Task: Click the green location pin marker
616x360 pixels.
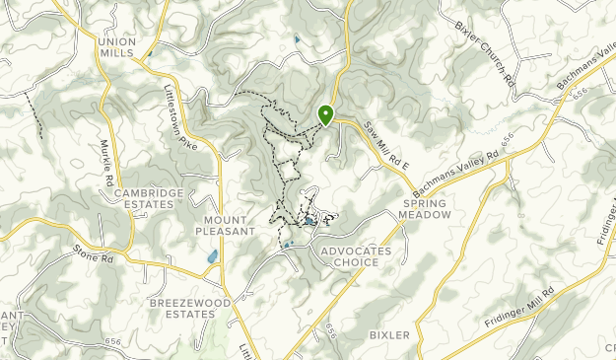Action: (325, 115)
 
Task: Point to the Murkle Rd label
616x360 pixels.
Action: (103, 169)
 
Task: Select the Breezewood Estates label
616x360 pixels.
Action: (181, 308)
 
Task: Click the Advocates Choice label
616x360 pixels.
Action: (357, 256)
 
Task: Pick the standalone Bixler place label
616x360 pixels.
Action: (388, 335)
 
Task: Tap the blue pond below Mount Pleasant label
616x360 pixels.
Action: (211, 257)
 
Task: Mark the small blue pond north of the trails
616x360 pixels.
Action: (297, 40)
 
